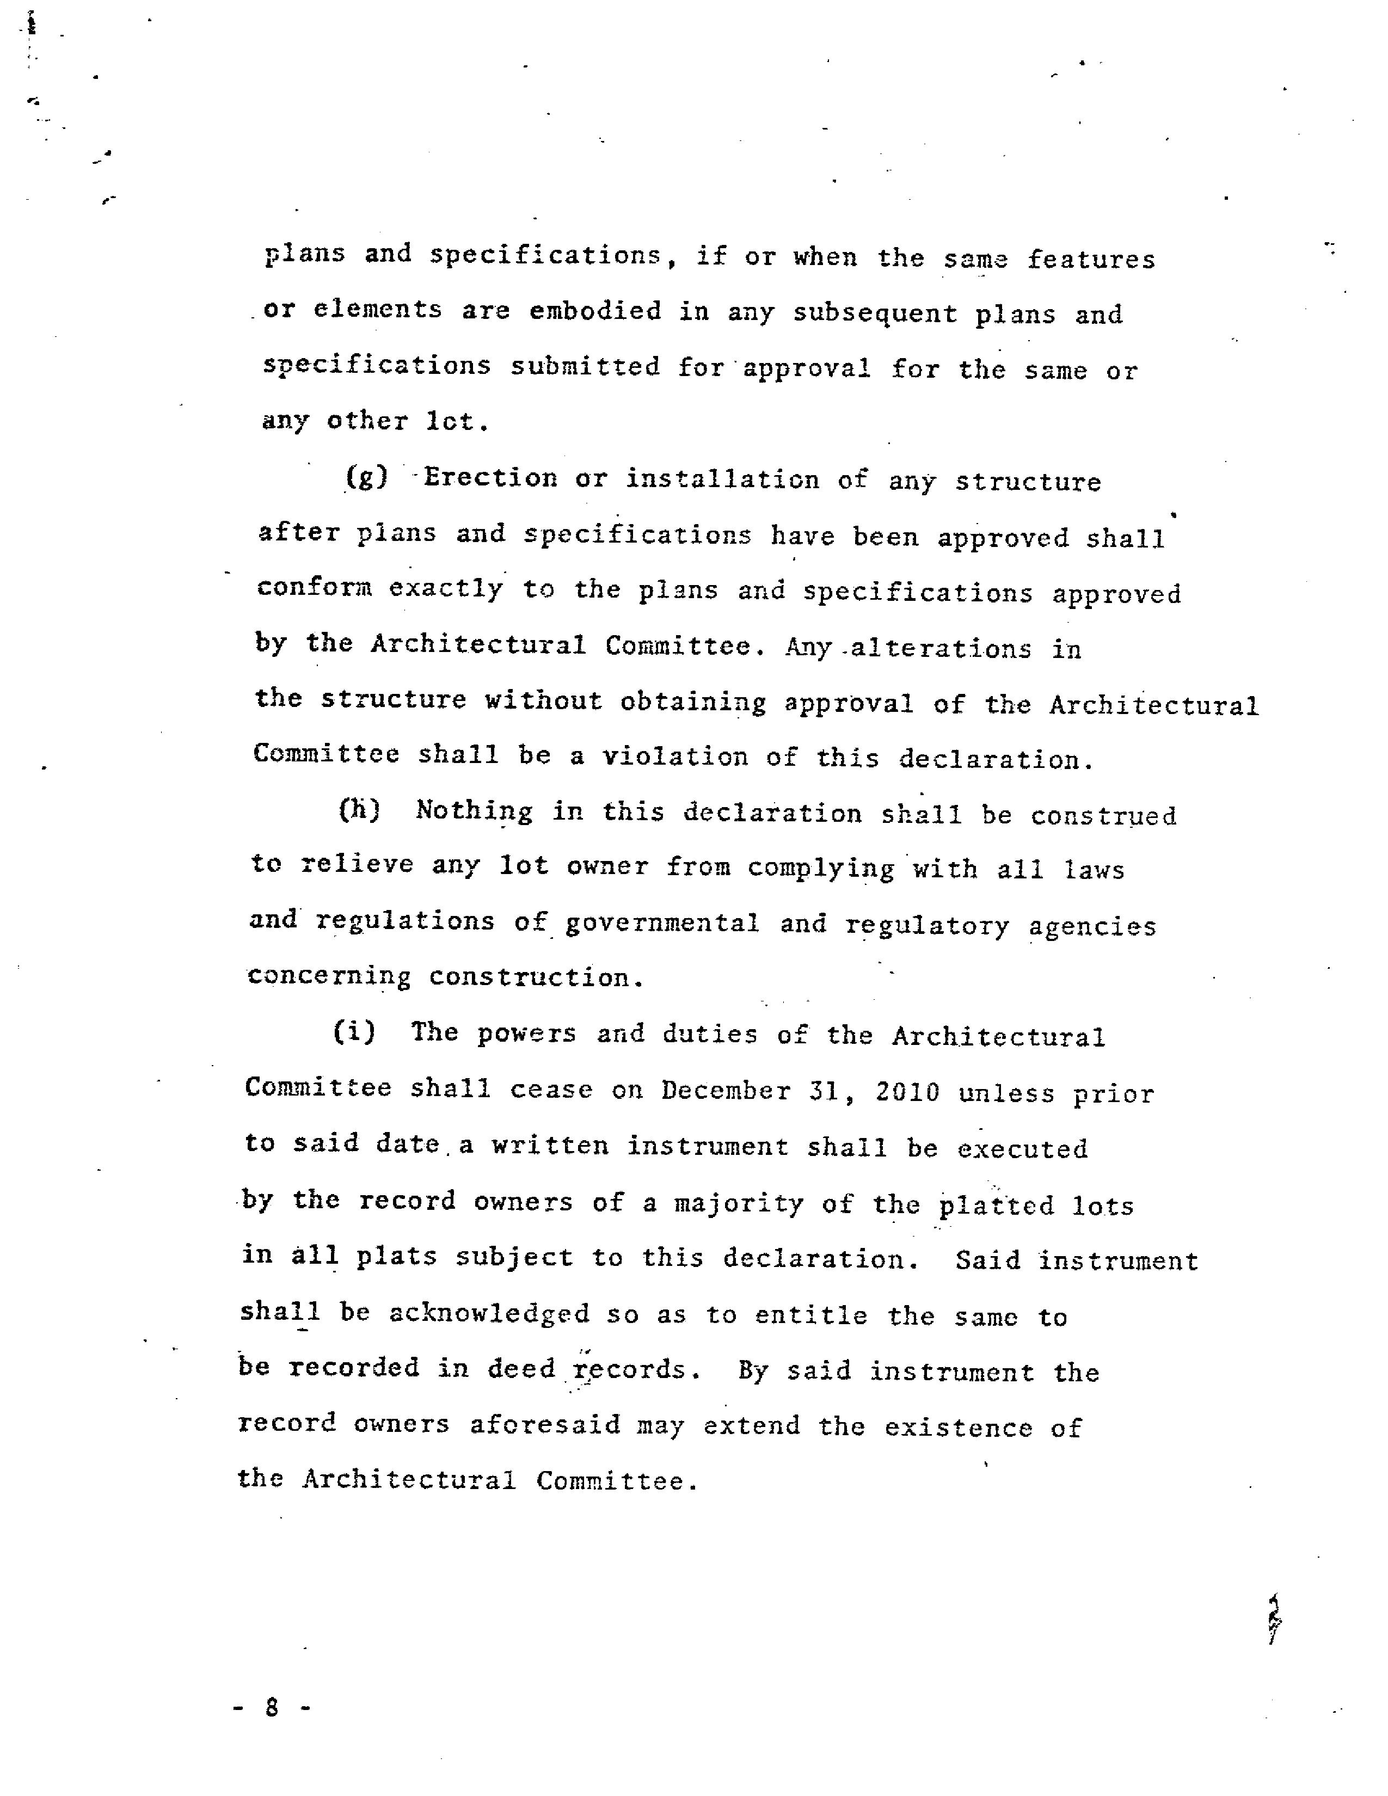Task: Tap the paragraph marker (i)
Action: click(x=354, y=1031)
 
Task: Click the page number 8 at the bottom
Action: click(x=272, y=1708)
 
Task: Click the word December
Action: click(x=726, y=1091)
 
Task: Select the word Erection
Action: click(x=490, y=478)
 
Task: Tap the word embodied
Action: click(x=595, y=311)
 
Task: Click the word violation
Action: click(x=675, y=756)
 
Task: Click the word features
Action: click(x=1091, y=260)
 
